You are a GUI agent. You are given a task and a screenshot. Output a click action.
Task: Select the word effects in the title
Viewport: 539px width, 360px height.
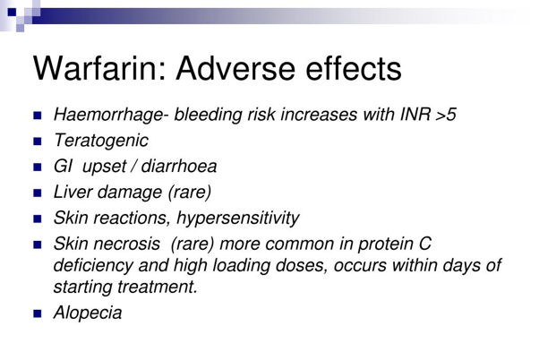click(x=354, y=68)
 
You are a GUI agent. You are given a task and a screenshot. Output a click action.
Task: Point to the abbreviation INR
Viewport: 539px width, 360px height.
click(x=415, y=114)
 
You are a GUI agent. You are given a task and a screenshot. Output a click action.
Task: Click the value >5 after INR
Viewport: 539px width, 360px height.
click(x=446, y=115)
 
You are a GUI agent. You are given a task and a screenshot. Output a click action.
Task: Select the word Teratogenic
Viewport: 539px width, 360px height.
click(x=101, y=141)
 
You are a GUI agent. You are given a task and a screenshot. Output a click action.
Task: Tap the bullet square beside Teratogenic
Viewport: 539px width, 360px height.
click(x=38, y=141)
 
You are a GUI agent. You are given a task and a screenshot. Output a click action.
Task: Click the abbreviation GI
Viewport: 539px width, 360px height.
click(x=63, y=166)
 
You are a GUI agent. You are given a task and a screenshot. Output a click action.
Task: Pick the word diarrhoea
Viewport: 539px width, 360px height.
click(x=179, y=166)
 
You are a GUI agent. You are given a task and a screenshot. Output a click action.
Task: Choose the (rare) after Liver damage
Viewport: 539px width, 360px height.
click(x=190, y=193)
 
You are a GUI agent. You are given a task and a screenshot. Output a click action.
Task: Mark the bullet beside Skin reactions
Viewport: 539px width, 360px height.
click(x=38, y=219)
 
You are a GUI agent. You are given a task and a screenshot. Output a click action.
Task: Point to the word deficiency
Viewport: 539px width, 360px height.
click(x=93, y=266)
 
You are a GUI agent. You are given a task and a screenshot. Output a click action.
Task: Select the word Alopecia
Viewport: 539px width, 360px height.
click(x=88, y=313)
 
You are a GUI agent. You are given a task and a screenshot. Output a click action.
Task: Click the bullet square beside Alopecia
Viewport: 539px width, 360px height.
click(x=38, y=313)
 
